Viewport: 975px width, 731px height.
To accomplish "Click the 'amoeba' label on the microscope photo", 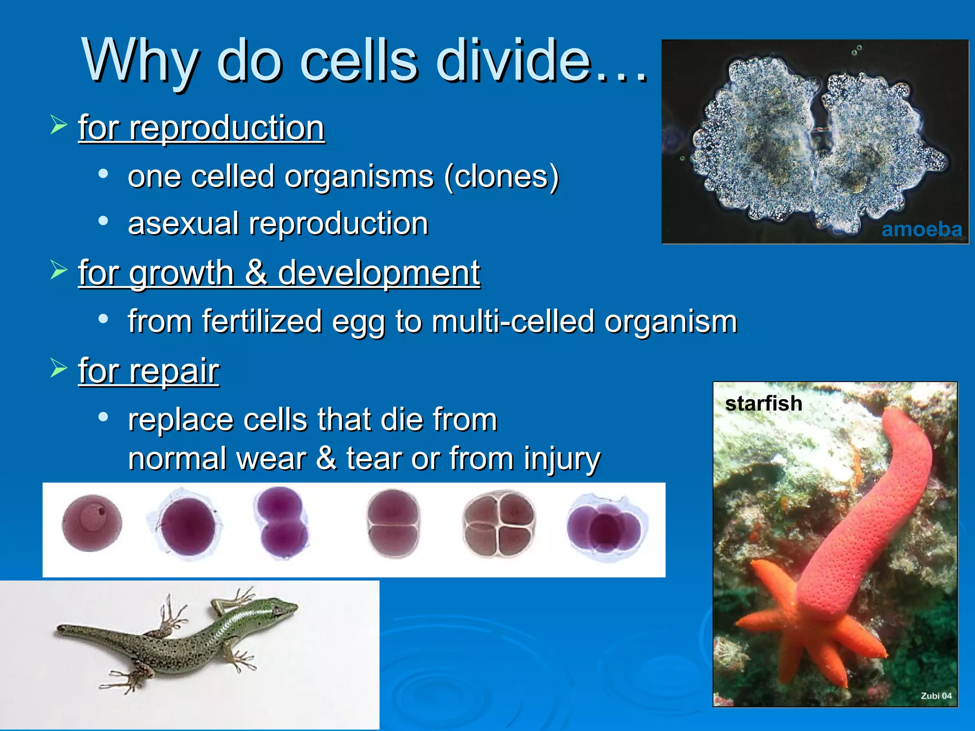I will click(921, 229).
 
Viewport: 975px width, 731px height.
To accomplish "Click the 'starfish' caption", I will click(763, 404).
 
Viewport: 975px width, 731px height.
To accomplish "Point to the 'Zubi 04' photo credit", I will click(936, 695).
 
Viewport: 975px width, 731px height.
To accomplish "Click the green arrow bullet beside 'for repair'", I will click(59, 368).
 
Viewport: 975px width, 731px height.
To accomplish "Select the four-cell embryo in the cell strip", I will click(498, 525).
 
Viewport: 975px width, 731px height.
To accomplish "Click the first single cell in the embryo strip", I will click(92, 523).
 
